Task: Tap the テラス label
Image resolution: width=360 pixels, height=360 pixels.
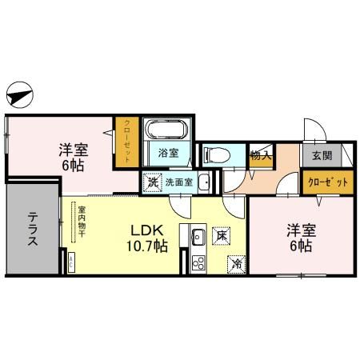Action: pos(34,230)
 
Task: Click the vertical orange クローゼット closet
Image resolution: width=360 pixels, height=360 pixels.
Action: pos(126,142)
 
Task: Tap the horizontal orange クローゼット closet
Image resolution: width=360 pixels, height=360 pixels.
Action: pos(328,182)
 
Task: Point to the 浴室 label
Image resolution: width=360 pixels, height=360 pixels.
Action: pos(168,153)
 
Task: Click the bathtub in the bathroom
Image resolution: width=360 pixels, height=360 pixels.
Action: pos(167,129)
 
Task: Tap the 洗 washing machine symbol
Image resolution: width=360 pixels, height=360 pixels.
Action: pos(152,182)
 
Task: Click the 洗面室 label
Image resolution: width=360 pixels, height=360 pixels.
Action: pos(179,182)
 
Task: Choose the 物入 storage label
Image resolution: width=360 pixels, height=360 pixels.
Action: pos(260,154)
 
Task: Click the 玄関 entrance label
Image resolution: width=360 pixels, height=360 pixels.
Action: pos(322,154)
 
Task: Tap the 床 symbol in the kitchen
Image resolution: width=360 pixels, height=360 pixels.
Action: pos(222,236)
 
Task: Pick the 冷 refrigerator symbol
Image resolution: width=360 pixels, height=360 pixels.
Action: pos(237,262)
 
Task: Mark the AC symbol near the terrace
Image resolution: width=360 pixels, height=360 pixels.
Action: pos(70,261)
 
